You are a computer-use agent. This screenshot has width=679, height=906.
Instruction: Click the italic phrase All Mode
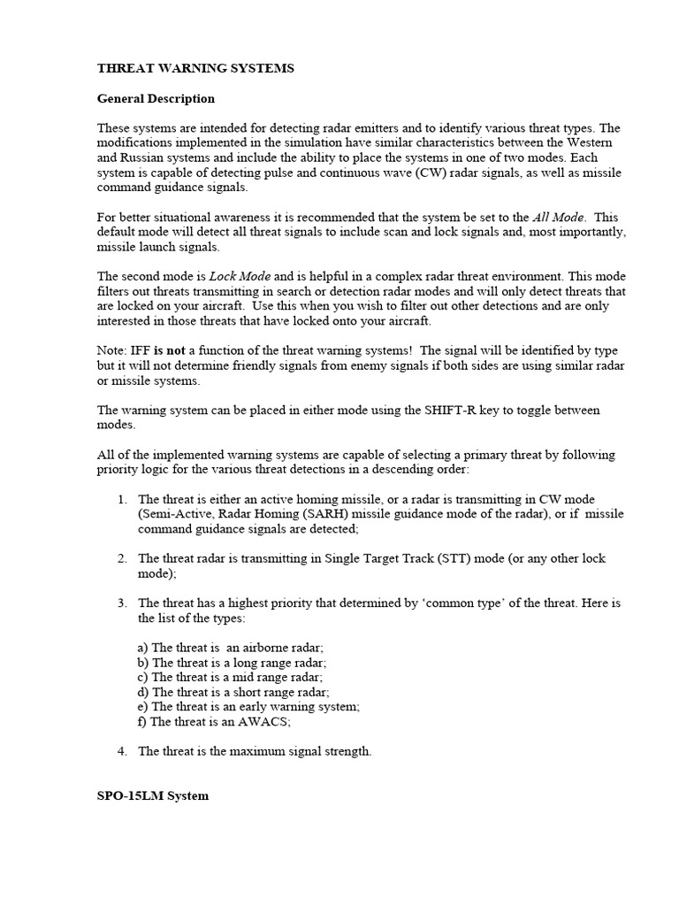[562, 217]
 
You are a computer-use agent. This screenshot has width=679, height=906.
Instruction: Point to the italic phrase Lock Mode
[240, 276]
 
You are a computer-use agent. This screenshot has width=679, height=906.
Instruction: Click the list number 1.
[122, 500]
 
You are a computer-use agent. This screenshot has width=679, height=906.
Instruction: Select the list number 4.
[122, 751]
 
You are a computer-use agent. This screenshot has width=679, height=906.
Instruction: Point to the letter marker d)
[143, 691]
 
